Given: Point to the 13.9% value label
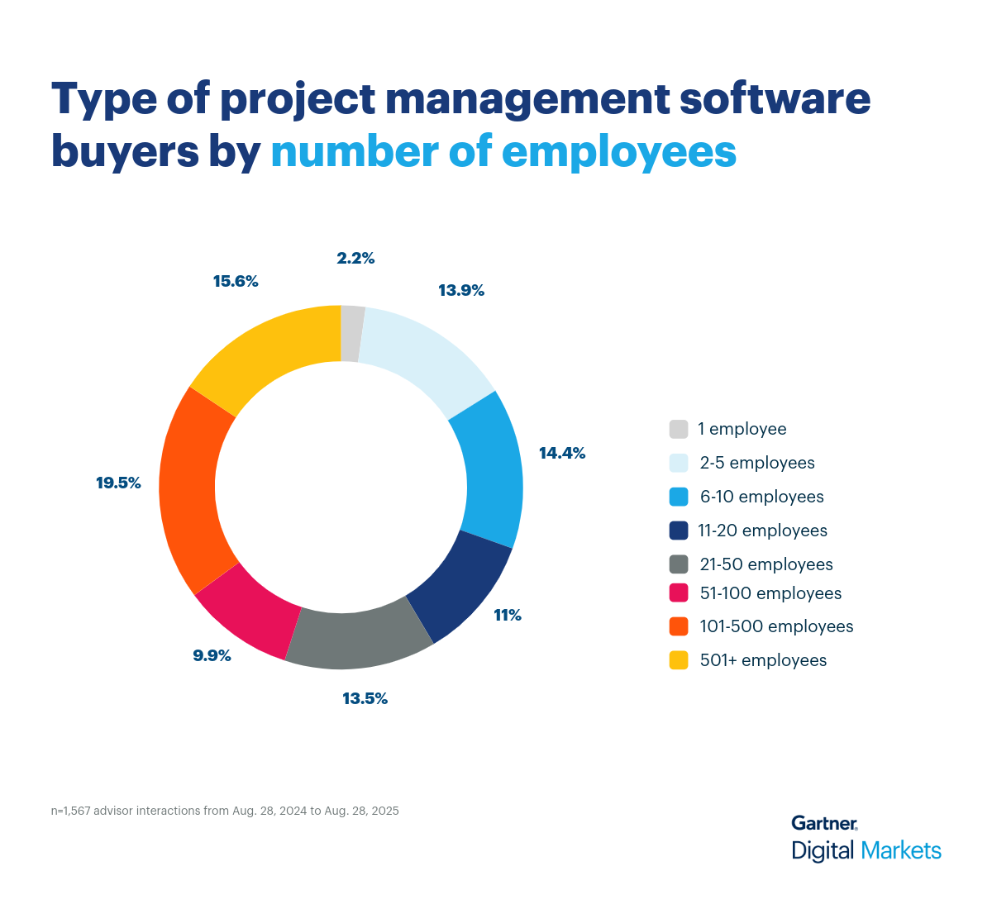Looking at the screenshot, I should pyautogui.click(x=461, y=290).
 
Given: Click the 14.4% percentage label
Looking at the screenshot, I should pyautogui.click(x=562, y=453).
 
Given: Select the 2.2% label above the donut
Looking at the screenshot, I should pyautogui.click(x=355, y=258).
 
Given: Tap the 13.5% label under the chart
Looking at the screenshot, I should pyautogui.click(x=365, y=698).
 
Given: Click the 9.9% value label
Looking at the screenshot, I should pyautogui.click(x=212, y=655).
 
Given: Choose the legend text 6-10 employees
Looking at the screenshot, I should pyautogui.click(x=761, y=497).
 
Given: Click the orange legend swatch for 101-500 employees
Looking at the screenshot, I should pyautogui.click(x=679, y=626).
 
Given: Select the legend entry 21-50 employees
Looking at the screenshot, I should pyautogui.click(x=765, y=564).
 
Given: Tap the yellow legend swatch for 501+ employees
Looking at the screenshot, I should pyautogui.click(x=679, y=660).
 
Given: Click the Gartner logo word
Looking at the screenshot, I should pyautogui.click(x=823, y=823).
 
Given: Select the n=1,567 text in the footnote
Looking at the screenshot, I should pyautogui.click(x=70, y=811).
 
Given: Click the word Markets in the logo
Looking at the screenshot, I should pyautogui.click(x=900, y=850).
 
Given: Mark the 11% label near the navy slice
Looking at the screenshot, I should pyautogui.click(x=507, y=615).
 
